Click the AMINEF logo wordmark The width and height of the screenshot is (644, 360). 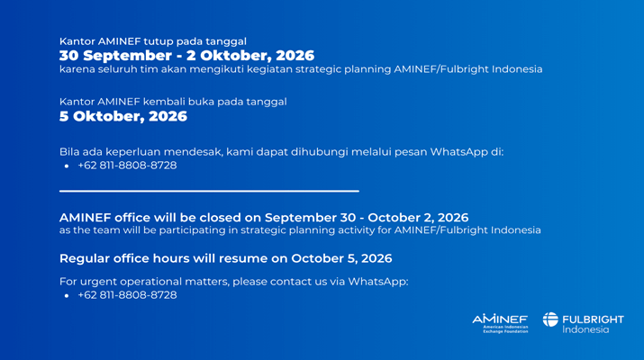(x=500, y=319)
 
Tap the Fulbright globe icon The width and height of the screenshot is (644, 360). (x=550, y=319)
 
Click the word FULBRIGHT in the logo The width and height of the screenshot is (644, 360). (x=593, y=319)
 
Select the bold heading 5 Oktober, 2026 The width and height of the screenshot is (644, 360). (x=123, y=117)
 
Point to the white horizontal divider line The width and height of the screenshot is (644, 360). (x=209, y=191)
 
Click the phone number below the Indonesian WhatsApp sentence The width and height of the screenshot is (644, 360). (x=127, y=166)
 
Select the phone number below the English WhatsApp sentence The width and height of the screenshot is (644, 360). (x=127, y=295)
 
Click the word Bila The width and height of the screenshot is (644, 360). (x=69, y=152)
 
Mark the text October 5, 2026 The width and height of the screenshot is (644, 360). (x=341, y=258)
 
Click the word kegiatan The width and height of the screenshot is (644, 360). (x=273, y=69)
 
